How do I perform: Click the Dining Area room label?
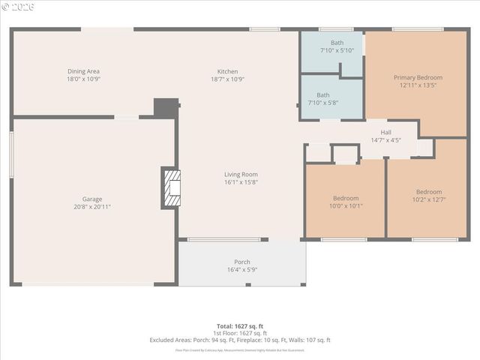click(x=83, y=71)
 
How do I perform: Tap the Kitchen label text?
click(x=228, y=71)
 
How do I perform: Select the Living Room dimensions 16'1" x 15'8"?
click(x=241, y=182)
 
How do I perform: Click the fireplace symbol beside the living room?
click(x=172, y=187)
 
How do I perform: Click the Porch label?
click(x=242, y=262)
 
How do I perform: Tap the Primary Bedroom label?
click(x=418, y=77)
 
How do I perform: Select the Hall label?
click(x=385, y=132)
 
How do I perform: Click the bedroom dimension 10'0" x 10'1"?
click(x=345, y=205)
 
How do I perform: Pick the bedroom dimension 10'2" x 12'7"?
click(x=429, y=199)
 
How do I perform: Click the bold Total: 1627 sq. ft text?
click(x=240, y=326)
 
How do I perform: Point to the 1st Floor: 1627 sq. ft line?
click(x=240, y=333)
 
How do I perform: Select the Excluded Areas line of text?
click(x=240, y=340)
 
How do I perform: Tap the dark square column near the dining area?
click(x=166, y=107)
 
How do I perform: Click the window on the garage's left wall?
click(x=11, y=154)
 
